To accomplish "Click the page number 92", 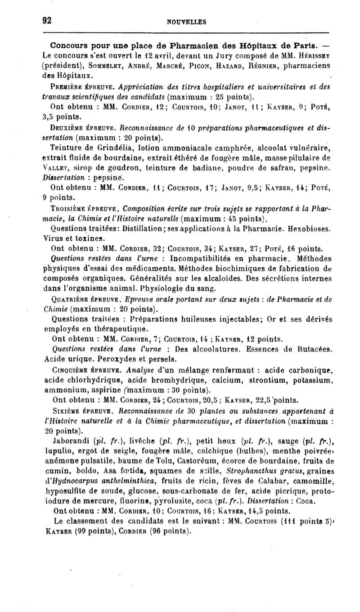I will [45, 20].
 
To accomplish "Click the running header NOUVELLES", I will [186, 21].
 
